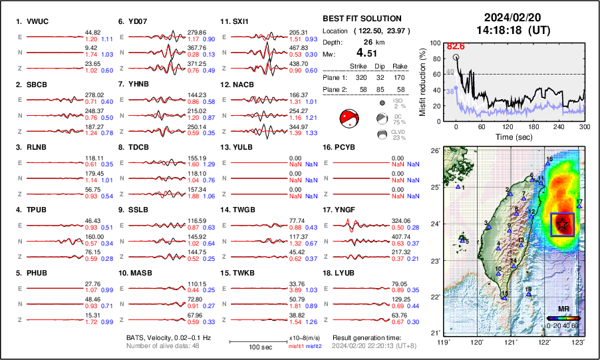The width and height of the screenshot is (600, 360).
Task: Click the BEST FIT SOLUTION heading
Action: click(361, 19)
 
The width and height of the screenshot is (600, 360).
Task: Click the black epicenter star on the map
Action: click(562, 224)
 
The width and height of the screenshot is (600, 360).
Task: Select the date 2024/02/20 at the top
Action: click(511, 17)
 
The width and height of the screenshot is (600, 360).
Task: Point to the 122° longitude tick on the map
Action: click(544, 341)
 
